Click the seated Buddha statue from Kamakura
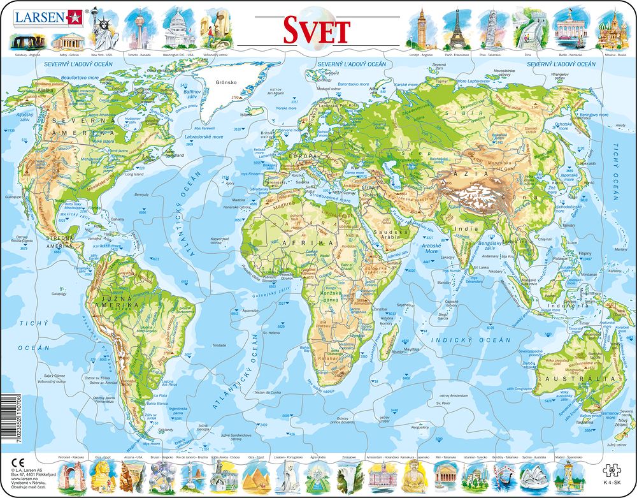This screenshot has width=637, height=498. click(x=412, y=474)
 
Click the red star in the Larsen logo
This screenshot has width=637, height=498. click(x=71, y=16)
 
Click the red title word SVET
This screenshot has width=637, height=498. click(x=317, y=29)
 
